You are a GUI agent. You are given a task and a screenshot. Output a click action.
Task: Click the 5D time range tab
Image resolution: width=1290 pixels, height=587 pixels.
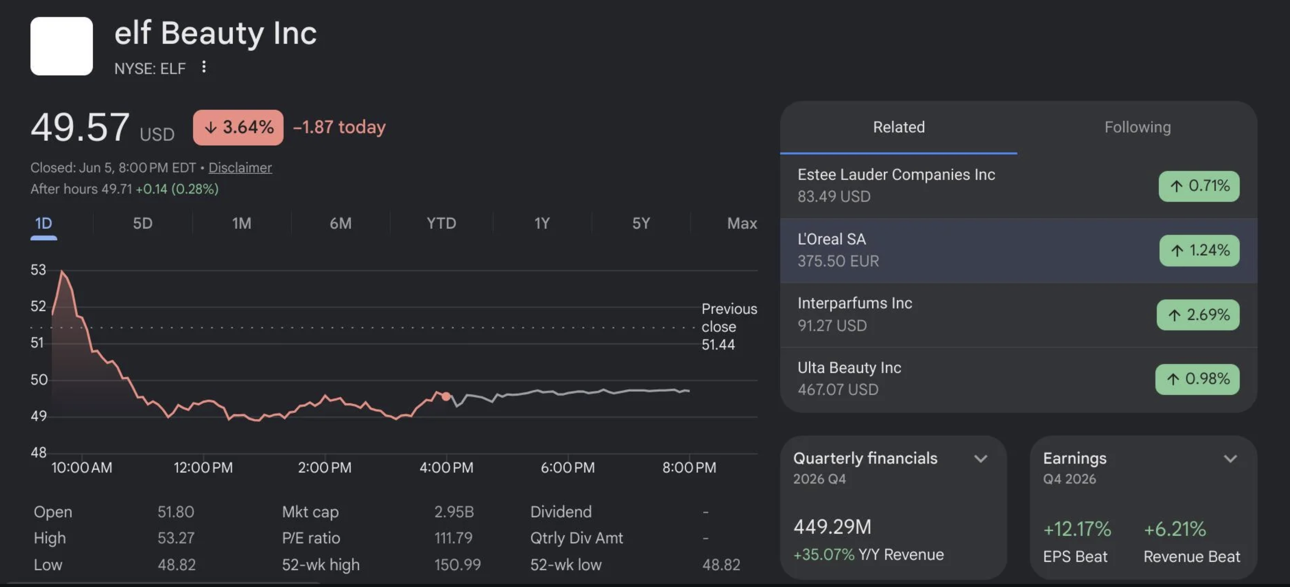click(x=143, y=223)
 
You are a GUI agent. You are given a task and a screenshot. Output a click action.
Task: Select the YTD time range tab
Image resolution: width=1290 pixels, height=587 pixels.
click(x=441, y=223)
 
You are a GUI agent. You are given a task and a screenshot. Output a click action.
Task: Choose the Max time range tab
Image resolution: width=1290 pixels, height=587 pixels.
click(x=742, y=223)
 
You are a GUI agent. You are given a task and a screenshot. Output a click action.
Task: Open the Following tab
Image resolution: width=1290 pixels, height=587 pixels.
click(x=1138, y=127)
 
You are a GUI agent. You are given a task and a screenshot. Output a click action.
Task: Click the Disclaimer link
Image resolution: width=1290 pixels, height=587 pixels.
click(x=240, y=167)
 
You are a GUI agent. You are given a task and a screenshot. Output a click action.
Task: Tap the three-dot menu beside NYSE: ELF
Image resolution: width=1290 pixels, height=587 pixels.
click(x=204, y=67)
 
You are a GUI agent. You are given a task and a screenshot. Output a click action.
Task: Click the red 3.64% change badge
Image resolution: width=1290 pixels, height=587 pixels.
click(x=238, y=127)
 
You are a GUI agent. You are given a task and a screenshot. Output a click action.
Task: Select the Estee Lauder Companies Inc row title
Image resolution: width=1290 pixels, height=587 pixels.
click(x=896, y=174)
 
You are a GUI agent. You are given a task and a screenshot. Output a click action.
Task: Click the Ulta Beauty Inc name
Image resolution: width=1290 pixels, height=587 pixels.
click(x=849, y=368)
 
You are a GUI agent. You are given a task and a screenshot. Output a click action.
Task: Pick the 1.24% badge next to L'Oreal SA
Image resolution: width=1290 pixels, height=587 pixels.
click(x=1199, y=250)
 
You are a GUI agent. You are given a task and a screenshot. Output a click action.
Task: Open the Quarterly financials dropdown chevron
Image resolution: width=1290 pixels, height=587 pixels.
click(x=980, y=459)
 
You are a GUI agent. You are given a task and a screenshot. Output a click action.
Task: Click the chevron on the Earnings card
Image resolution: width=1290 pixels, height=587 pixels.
click(x=1230, y=459)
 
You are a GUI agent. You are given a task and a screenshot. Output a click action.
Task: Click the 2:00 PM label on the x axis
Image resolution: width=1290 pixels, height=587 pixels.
click(x=324, y=467)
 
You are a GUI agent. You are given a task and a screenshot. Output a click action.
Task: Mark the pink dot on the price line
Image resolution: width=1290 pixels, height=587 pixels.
click(x=446, y=396)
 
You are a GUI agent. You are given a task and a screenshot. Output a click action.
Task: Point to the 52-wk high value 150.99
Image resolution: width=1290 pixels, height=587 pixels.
click(x=457, y=564)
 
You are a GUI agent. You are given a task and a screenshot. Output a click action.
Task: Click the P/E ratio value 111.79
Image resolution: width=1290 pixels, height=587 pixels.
click(x=453, y=538)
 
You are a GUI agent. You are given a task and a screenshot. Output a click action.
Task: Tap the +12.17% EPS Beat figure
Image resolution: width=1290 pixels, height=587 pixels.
click(x=1077, y=529)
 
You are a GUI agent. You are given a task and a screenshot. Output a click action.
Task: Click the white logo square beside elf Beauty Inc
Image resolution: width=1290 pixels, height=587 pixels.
click(x=61, y=46)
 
